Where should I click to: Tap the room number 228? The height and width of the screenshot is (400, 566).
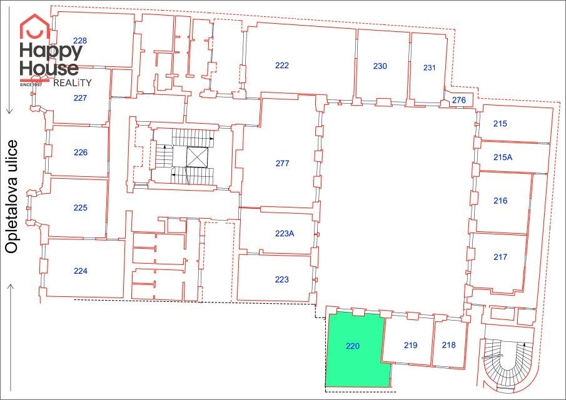(x=80, y=41)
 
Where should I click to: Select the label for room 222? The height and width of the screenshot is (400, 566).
(x=282, y=65)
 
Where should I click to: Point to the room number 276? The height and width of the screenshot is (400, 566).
(x=459, y=100)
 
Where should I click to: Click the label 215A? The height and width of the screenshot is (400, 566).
(x=503, y=157)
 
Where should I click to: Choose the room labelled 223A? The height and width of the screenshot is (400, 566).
(x=285, y=233)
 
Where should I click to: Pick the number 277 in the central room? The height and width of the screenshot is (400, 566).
(x=282, y=163)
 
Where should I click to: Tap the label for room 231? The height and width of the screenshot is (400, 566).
(x=429, y=67)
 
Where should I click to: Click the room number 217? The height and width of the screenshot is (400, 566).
(x=500, y=257)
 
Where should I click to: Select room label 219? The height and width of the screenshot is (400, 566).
(x=411, y=346)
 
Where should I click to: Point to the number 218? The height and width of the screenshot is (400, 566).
(x=448, y=345)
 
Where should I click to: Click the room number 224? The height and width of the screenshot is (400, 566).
(x=81, y=271)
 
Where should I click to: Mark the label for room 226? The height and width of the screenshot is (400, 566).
(x=81, y=152)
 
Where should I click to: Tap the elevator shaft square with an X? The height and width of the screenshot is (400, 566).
(x=197, y=157)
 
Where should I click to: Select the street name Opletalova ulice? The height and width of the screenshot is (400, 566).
(x=11, y=197)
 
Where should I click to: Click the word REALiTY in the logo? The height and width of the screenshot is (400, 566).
(x=72, y=83)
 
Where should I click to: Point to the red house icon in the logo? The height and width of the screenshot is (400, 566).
(x=34, y=26)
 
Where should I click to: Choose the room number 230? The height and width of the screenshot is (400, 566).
(x=380, y=66)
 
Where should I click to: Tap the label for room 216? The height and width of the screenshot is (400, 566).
(x=501, y=201)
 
